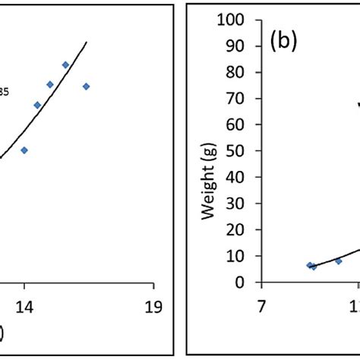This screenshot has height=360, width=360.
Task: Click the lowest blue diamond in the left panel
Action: tap(24, 150)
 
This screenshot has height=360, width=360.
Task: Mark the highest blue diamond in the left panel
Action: tap(65, 65)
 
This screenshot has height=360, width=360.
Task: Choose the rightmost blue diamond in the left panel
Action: tap(86, 86)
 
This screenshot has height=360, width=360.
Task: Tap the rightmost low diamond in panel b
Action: tap(338, 261)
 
